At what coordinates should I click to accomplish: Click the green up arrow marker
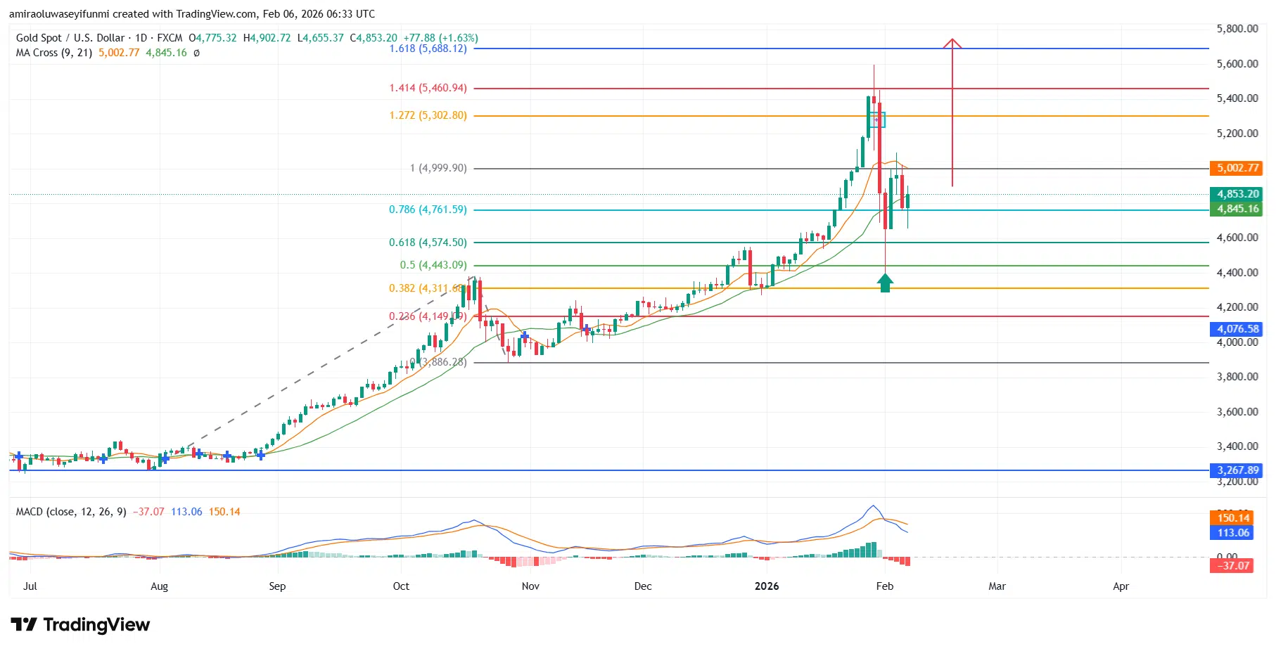click(x=885, y=283)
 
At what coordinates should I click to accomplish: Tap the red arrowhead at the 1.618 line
click(x=952, y=44)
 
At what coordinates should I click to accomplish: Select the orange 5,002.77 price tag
click(x=1238, y=168)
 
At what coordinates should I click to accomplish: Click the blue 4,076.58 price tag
click(x=1238, y=329)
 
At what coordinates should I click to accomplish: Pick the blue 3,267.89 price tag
click(x=1238, y=470)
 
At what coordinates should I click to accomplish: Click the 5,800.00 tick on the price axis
click(x=1237, y=29)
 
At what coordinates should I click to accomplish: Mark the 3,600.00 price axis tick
click(x=1237, y=412)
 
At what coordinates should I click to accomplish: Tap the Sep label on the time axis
click(x=277, y=586)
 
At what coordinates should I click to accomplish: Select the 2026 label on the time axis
click(x=767, y=586)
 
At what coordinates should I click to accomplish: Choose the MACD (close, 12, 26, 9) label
click(x=71, y=512)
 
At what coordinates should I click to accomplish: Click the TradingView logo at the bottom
click(x=80, y=625)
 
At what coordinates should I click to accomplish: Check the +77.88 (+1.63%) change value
click(x=440, y=38)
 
